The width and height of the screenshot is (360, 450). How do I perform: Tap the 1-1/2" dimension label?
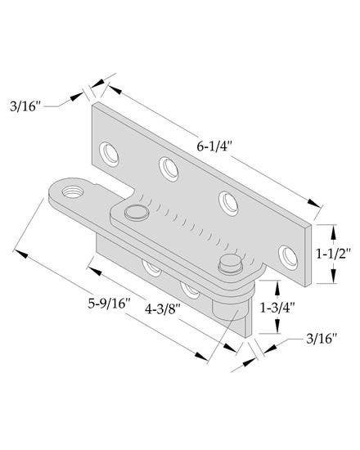(335, 254)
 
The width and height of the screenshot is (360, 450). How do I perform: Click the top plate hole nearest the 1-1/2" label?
(286, 255)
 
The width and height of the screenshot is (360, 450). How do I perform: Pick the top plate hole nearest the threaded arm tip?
(108, 152)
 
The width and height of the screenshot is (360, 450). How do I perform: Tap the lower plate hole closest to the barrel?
(191, 288)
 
